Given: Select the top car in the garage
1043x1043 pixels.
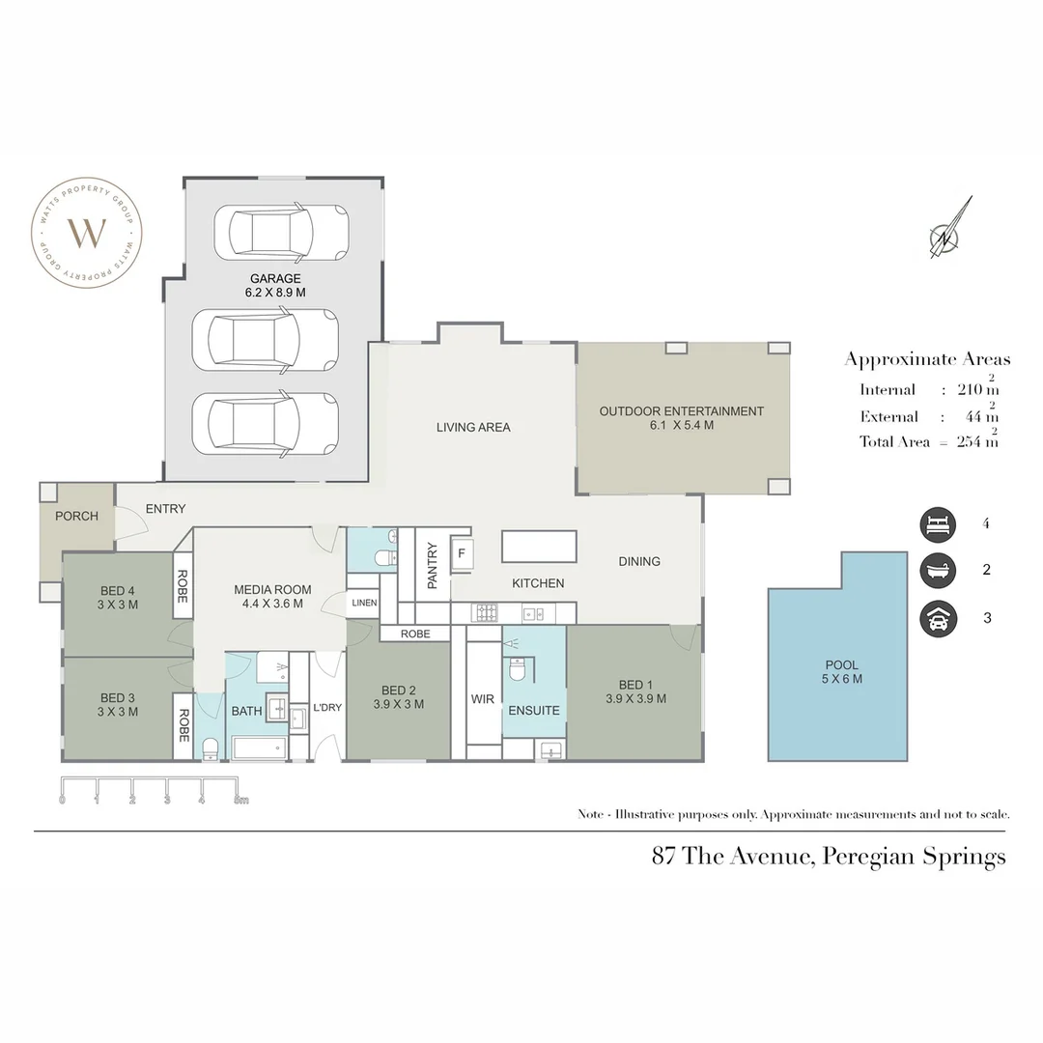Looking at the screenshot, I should pos(281,232).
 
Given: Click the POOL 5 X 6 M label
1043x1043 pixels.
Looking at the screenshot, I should pos(841,671).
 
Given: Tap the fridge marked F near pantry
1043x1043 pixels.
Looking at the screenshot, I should pos(462,553).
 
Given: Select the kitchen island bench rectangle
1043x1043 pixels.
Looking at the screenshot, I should pos(538,547).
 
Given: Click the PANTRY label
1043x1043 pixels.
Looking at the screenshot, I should pos(432,566).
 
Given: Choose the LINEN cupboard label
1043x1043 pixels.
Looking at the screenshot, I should pos(363,603).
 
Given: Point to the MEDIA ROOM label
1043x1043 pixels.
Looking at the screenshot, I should pos(272,596).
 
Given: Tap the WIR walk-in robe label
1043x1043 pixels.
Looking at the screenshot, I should pos(482,698).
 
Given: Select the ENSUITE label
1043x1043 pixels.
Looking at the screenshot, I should pos(533,710).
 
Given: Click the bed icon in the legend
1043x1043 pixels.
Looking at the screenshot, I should pos(937,524).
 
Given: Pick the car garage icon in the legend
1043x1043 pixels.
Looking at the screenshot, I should pos(937,618).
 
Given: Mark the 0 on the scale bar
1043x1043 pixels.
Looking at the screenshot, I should pos(62,800).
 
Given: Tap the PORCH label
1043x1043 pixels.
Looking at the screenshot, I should pos(76,516).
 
